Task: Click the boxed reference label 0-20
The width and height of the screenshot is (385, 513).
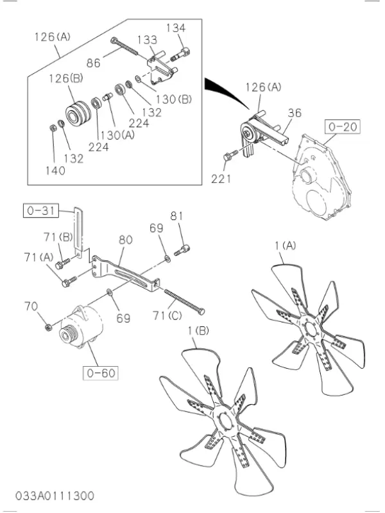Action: (x=342, y=127)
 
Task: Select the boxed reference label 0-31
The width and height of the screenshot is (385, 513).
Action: (x=39, y=209)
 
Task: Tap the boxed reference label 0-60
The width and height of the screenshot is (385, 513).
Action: (x=99, y=371)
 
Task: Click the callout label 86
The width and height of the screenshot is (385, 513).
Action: (x=94, y=63)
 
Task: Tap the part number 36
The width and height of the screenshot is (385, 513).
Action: (x=294, y=113)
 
